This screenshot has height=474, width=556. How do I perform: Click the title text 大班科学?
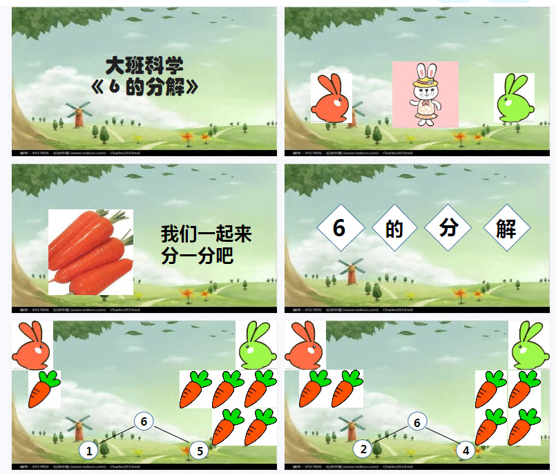tap(144, 66)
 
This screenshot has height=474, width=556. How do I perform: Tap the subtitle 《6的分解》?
tap(144, 87)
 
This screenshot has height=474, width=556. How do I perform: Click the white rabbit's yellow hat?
tap(425, 81)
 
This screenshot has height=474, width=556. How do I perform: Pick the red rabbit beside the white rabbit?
tap(332, 98)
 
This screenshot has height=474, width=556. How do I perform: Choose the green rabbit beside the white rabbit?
tap(513, 97)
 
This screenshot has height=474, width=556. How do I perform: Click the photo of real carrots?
tap(90, 252)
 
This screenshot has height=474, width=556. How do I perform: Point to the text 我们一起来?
tap(207, 234)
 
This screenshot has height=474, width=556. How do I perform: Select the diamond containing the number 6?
tap(339, 228)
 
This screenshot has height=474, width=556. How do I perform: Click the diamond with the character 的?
tap(394, 229)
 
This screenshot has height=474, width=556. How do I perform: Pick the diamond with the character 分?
tap(448, 227)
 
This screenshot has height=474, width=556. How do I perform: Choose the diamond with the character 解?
tap(506, 229)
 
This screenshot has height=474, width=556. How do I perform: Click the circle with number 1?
tap(88, 451)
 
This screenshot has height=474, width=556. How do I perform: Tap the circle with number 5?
tap(198, 451)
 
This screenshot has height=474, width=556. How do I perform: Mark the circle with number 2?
tap(363, 450)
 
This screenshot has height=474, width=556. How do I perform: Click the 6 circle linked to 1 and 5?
tap(143, 420)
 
